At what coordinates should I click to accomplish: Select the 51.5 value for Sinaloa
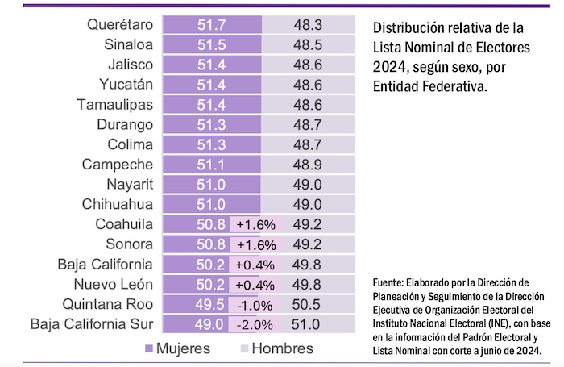[x=211, y=44]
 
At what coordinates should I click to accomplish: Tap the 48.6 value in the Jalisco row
[x=309, y=65]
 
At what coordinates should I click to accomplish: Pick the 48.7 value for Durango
[x=309, y=125]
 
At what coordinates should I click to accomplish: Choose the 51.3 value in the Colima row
[x=211, y=145]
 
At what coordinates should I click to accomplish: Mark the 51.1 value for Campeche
[x=211, y=165]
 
